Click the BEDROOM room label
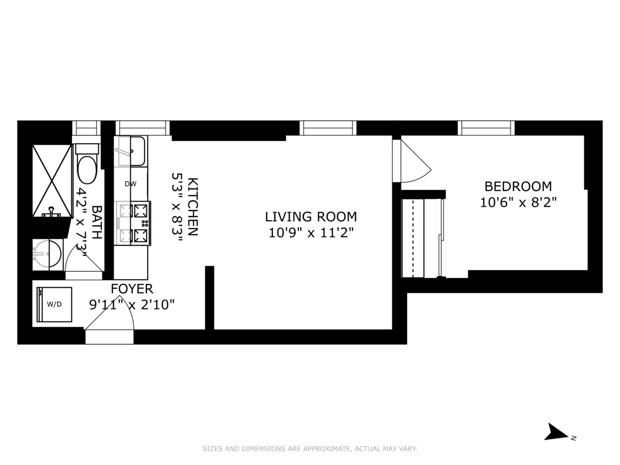(518, 186)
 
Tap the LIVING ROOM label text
(311, 216)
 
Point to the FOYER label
(132, 289)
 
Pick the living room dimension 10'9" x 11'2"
(311, 233)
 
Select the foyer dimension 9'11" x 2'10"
(132, 305)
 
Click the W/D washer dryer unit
(54, 304)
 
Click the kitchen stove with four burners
(133, 223)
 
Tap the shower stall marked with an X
(52, 181)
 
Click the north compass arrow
(557, 431)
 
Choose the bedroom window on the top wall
(486, 128)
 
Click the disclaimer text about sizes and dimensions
(309, 449)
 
